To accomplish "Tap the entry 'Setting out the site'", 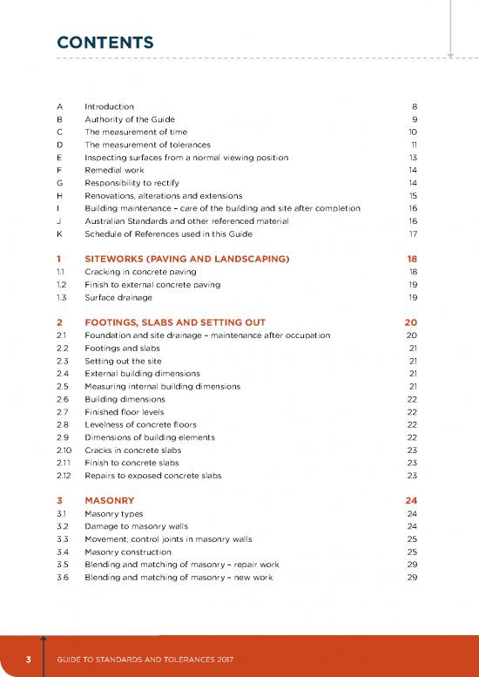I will point(123,360).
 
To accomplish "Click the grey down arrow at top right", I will point(451,54).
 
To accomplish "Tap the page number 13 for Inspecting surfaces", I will point(413,158).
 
